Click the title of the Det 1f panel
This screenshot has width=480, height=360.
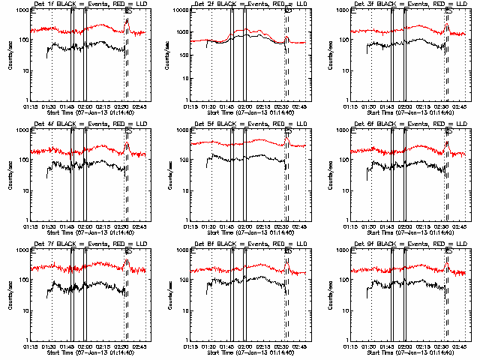(86, 5)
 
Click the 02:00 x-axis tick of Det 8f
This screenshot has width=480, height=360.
(246, 346)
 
